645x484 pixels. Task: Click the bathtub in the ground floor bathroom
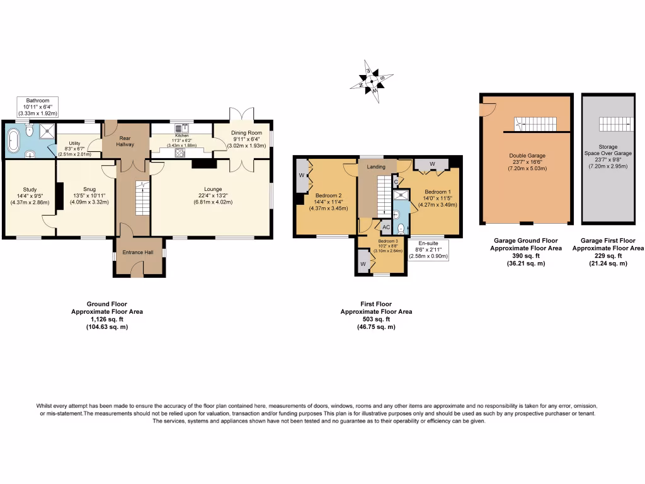[13, 142]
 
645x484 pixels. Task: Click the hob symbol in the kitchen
[180, 153]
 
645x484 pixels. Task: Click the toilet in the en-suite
[401, 228]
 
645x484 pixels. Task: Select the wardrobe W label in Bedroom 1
[431, 164]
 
